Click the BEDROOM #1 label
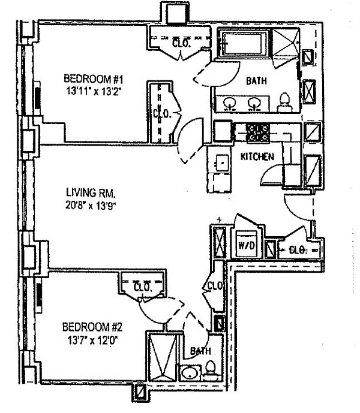94,79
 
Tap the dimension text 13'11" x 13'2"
94,91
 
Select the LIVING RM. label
91,193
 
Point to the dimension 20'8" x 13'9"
91,206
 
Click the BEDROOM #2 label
92,327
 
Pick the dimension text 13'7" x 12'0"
92,341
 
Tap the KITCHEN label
257,156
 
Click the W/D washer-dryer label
247,246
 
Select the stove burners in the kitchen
257,133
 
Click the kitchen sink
222,163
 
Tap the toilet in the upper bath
284,102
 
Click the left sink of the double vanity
230,103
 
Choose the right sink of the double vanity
254,103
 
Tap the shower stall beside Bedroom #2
163,357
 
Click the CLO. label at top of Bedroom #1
181,43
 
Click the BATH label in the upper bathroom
256,81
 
